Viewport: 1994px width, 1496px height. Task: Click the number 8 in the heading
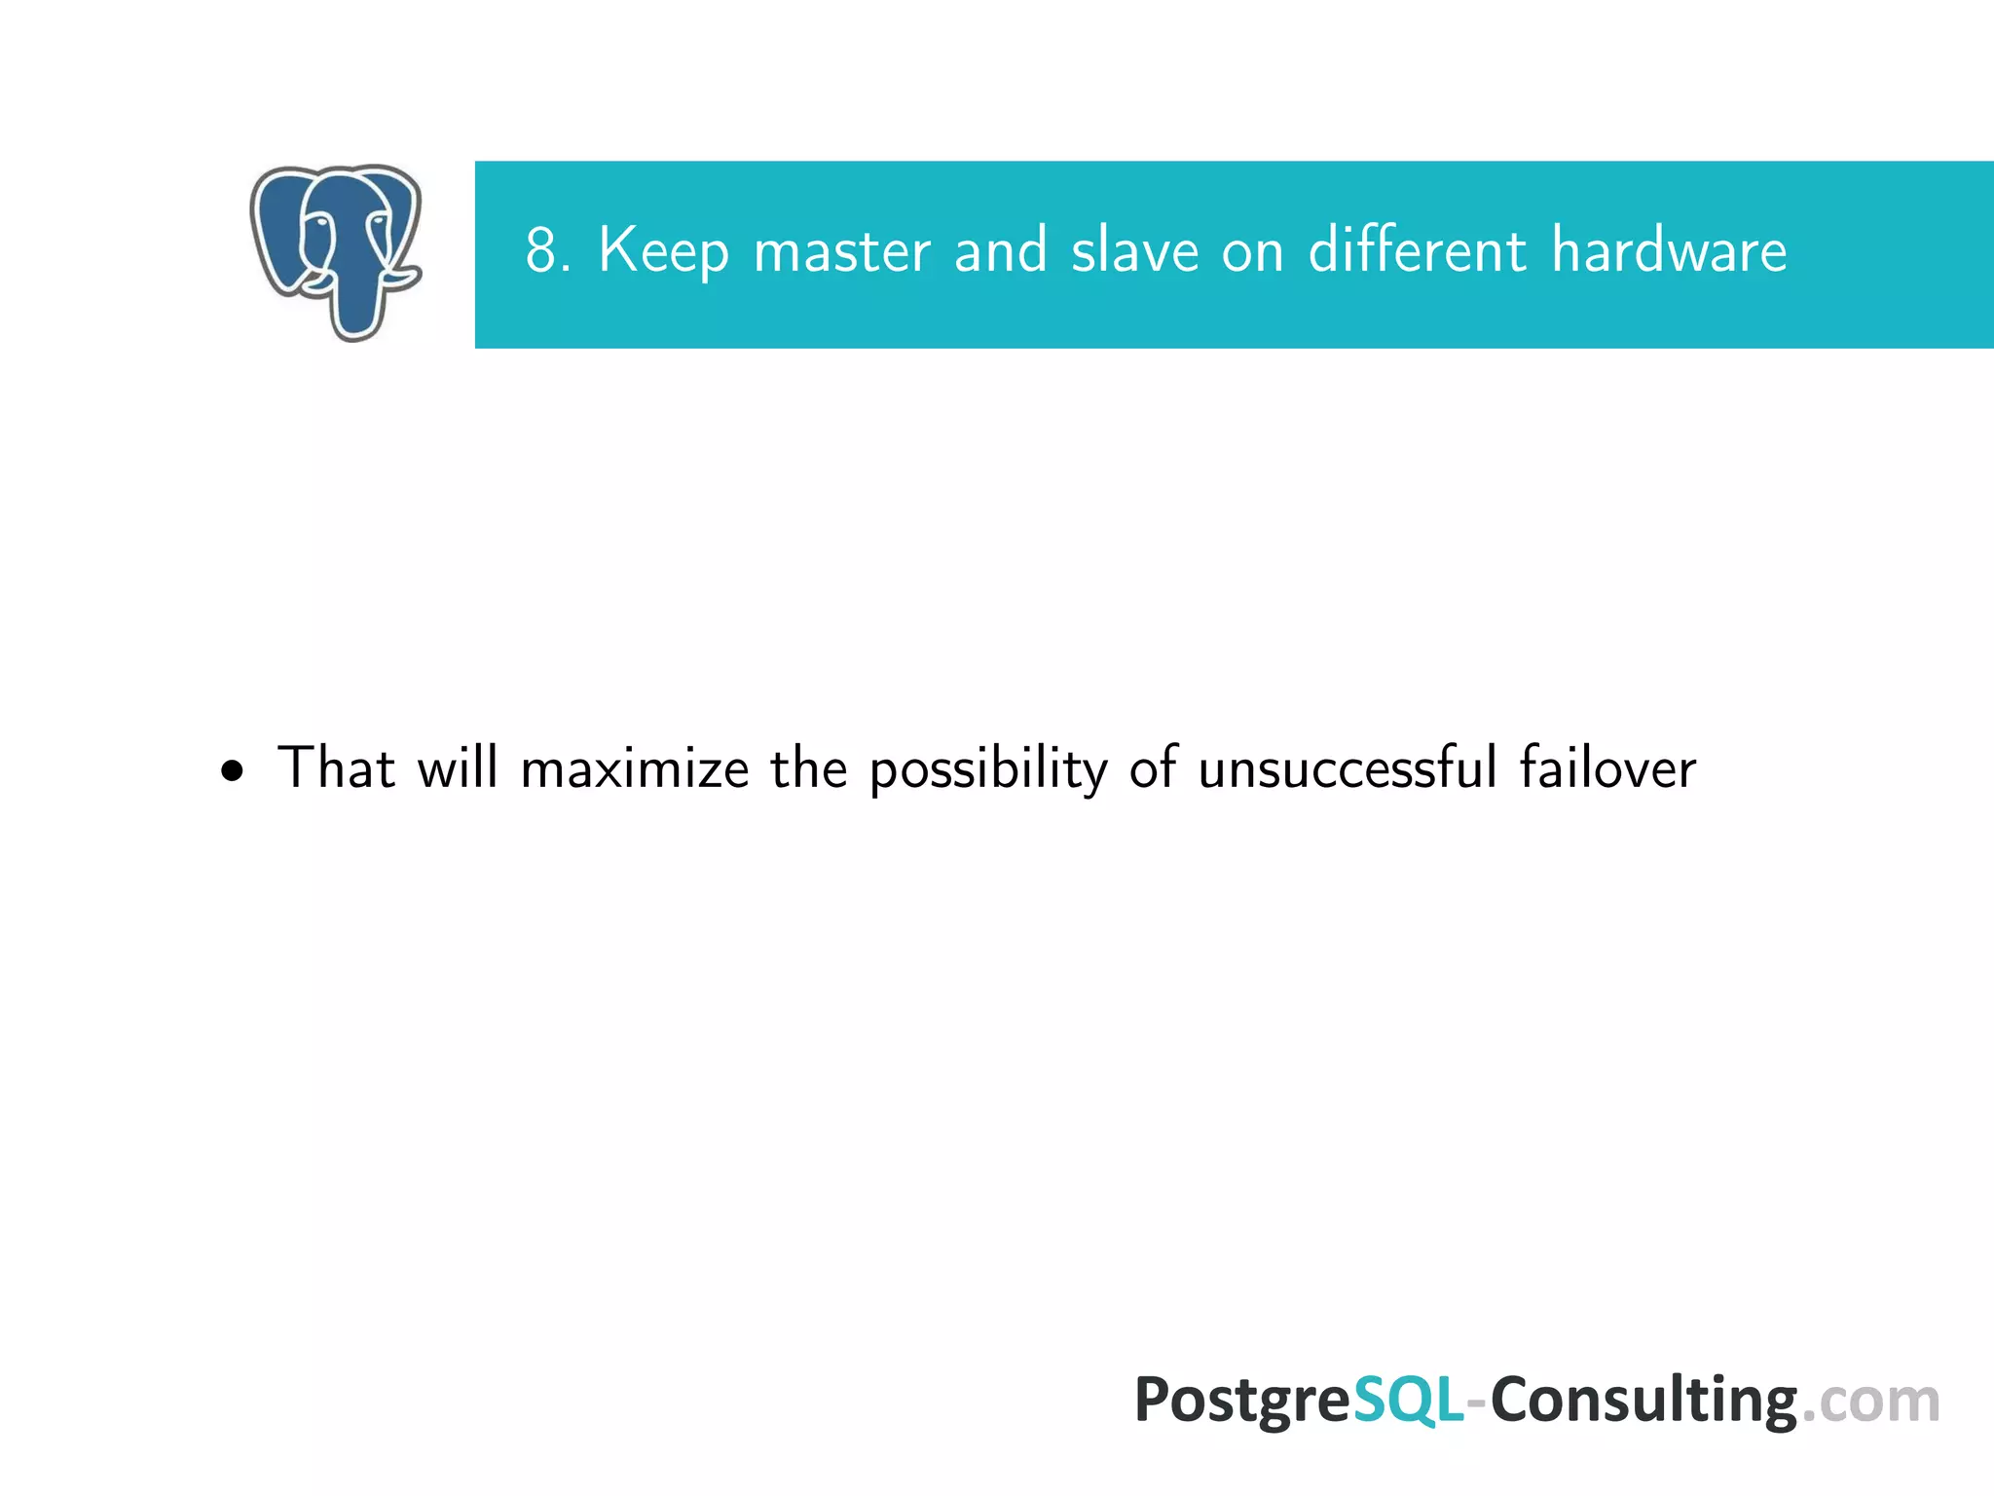click(x=541, y=250)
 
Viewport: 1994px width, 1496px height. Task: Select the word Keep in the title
click(x=663, y=252)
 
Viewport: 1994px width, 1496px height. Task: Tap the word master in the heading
click(x=841, y=252)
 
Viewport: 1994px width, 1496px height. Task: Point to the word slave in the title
click(x=1134, y=250)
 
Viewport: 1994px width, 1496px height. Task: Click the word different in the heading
click(x=1417, y=250)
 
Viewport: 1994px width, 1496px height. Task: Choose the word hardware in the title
click(x=1669, y=250)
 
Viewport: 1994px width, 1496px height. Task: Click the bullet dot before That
click(x=232, y=772)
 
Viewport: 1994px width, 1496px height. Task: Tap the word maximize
click(x=635, y=769)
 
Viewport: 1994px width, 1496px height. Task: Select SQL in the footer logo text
click(x=1408, y=1401)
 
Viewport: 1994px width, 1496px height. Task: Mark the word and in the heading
click(x=1001, y=250)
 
